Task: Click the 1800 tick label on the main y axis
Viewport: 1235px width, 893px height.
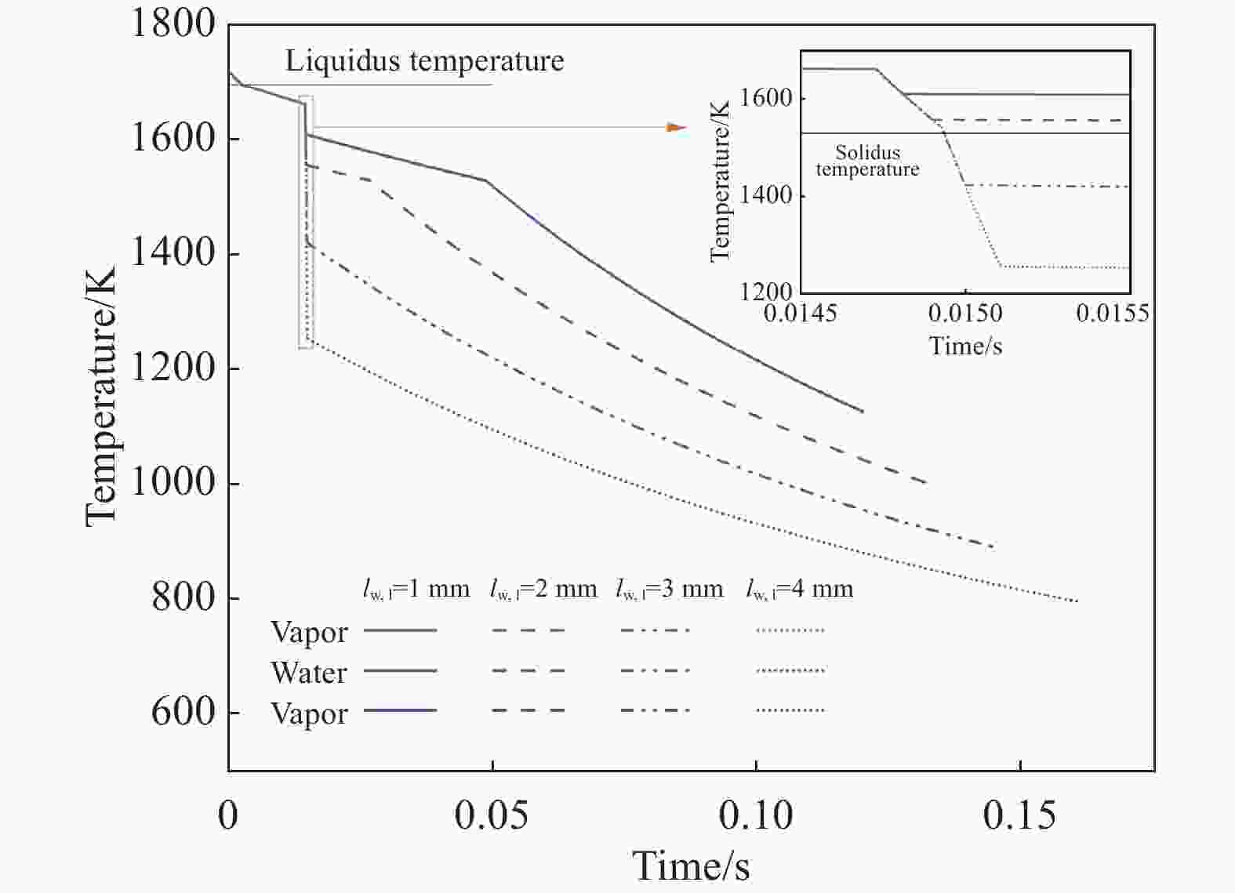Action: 172,24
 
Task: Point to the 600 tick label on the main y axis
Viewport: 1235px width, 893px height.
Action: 183,712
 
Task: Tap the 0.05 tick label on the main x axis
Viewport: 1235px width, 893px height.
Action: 492,816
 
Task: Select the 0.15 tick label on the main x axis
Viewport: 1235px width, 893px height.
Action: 1019,816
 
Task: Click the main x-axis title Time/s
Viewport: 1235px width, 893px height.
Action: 691,866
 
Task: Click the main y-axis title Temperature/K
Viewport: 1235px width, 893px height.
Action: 102,396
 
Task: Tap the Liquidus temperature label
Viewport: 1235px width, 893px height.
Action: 424,61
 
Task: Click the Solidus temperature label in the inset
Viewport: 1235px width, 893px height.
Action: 867,161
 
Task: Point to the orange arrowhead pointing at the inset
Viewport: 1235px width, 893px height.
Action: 676,127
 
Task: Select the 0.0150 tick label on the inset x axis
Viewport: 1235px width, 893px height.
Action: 965,314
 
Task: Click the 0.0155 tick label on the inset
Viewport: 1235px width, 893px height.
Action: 1112,314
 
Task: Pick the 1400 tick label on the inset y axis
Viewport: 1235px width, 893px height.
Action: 765,195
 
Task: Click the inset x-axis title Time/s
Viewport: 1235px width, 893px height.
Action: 965,346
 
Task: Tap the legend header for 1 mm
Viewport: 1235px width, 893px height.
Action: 416,589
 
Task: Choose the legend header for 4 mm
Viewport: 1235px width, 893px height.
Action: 799,589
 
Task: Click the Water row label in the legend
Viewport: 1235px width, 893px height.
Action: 308,673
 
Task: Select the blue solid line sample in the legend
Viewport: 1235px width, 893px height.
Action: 401,710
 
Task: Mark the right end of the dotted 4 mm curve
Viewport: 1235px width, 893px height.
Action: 1078,601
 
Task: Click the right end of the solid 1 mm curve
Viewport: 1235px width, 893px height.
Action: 863,412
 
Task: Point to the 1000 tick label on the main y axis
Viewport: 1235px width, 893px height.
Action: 172,482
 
